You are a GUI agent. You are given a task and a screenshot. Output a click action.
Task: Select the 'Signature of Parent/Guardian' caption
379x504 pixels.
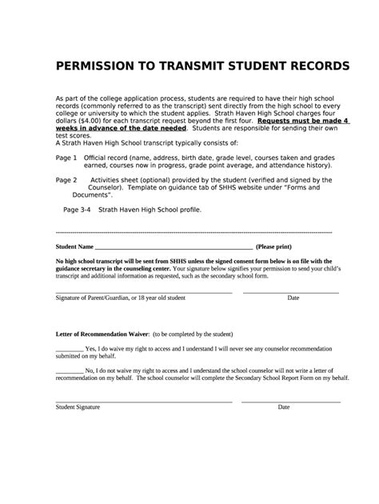pos(120,298)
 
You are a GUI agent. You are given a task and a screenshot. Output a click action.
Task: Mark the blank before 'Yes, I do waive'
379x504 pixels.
pos(70,350)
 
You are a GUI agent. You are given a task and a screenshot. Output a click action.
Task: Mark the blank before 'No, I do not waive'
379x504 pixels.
pos(70,373)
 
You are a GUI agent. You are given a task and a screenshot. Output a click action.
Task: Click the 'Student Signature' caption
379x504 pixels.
pos(78,407)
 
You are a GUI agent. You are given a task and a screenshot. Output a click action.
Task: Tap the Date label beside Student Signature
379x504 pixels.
pos(284,407)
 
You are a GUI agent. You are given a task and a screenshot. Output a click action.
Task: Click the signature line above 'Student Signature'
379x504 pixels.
pos(144,401)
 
